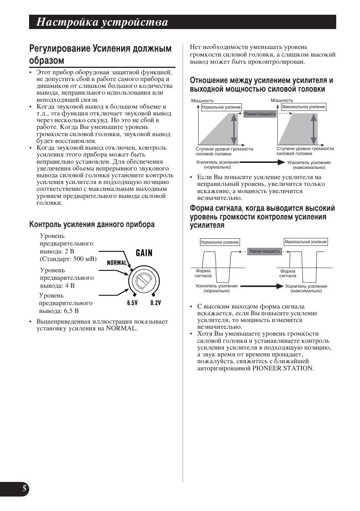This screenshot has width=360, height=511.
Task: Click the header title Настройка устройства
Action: pyautogui.click(x=102, y=22)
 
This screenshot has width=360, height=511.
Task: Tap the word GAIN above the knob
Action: pyautogui.click(x=144, y=253)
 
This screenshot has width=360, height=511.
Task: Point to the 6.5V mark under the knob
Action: pyautogui.click(x=132, y=303)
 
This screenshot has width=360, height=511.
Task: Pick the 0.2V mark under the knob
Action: pyautogui.click(x=155, y=303)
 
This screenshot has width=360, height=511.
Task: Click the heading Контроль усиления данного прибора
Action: pyautogui.click(x=92, y=225)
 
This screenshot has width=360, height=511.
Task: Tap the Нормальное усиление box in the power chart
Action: pyautogui.click(x=221, y=107)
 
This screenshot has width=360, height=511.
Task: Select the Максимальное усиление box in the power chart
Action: pyautogui.click(x=303, y=107)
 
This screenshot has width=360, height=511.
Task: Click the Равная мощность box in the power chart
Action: pyautogui.click(x=260, y=114)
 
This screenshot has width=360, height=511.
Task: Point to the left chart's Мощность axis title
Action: pyautogui.click(x=202, y=101)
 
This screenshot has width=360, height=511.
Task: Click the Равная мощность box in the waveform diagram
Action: pyautogui.click(x=265, y=251)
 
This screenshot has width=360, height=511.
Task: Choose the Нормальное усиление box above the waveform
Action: pyautogui.click(x=220, y=242)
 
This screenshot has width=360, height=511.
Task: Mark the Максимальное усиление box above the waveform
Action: pyautogui.click(x=306, y=242)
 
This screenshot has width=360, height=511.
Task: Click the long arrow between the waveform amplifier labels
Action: pyautogui.click(x=262, y=286)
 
